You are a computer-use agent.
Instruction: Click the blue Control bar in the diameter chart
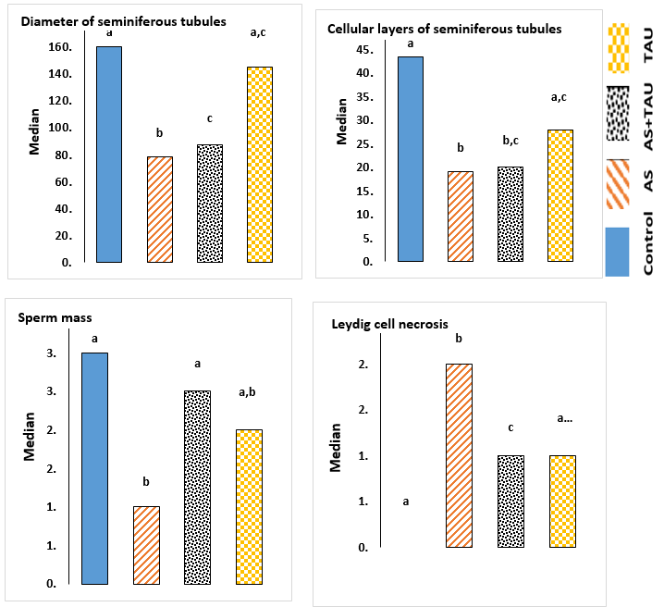[108, 155]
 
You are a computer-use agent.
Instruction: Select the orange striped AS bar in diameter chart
[160, 210]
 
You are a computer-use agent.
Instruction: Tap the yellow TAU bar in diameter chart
[260, 165]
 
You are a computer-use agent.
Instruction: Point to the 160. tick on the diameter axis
[60, 48]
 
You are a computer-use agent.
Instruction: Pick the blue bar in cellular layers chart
[411, 159]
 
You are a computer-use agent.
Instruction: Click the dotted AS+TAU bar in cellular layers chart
[510, 215]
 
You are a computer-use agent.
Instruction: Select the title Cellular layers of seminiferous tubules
[445, 29]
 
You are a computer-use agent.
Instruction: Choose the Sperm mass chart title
[55, 318]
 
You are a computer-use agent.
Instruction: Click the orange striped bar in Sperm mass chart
[146, 545]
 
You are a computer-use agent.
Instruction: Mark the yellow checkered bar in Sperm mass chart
[249, 507]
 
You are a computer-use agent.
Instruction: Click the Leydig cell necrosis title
[390, 324]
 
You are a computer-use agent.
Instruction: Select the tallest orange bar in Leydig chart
[459, 455]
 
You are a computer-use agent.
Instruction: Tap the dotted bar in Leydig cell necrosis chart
[510, 502]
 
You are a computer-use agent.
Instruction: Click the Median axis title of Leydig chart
[337, 446]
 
